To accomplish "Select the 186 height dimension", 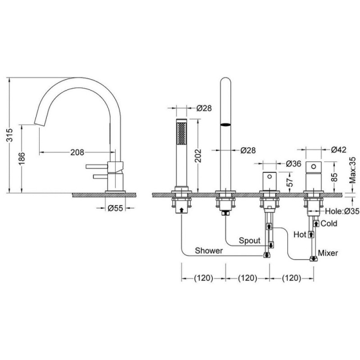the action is [x=22, y=158].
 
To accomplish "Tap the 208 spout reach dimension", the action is [x=77, y=152].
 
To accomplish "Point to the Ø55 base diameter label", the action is [x=115, y=208].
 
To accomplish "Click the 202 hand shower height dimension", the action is [x=198, y=156].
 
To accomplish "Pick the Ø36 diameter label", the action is [x=293, y=164].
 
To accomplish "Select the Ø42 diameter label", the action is [x=339, y=150].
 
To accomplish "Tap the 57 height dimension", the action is [x=290, y=182].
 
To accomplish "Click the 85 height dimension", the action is [x=335, y=177].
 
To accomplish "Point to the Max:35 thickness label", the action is [x=353, y=170].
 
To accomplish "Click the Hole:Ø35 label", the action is [x=342, y=211].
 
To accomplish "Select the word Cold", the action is [x=329, y=223].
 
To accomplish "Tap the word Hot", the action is [x=300, y=234].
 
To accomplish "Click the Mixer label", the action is [x=328, y=253].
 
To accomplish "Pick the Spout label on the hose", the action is [x=250, y=240].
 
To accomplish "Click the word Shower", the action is [x=209, y=251].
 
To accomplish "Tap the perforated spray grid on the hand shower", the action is [x=181, y=133].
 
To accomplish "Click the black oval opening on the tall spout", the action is [x=225, y=125].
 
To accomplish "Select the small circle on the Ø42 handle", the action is [x=313, y=166].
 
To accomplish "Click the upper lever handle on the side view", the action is [x=97, y=166].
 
